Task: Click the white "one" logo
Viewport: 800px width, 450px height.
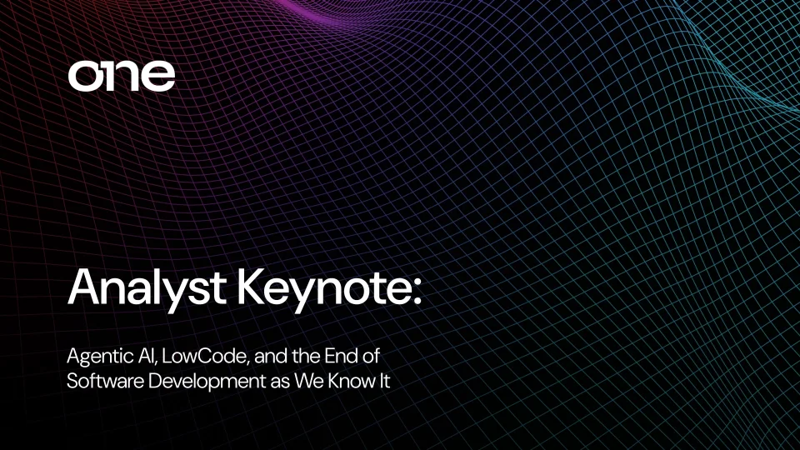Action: coord(122,76)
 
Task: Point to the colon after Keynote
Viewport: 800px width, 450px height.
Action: coord(417,293)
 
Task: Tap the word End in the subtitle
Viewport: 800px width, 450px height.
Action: coord(330,355)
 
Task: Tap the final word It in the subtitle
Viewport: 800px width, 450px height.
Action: coord(383,381)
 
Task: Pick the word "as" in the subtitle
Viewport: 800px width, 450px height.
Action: coord(280,382)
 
